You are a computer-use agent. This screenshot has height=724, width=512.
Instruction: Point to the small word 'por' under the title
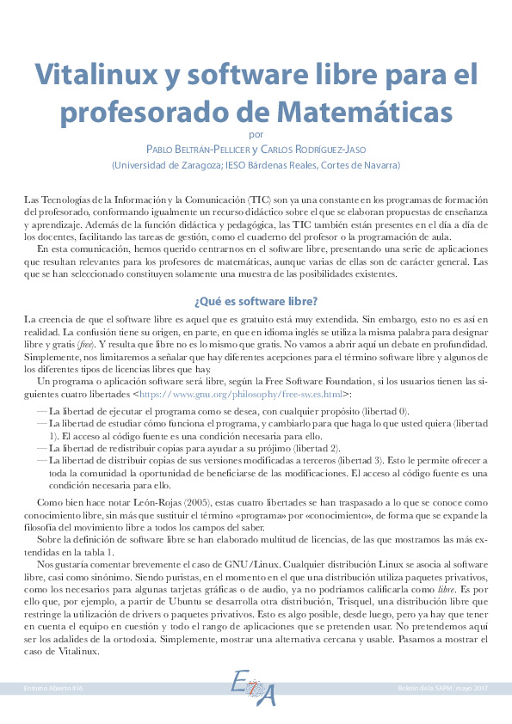pos(256,133)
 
